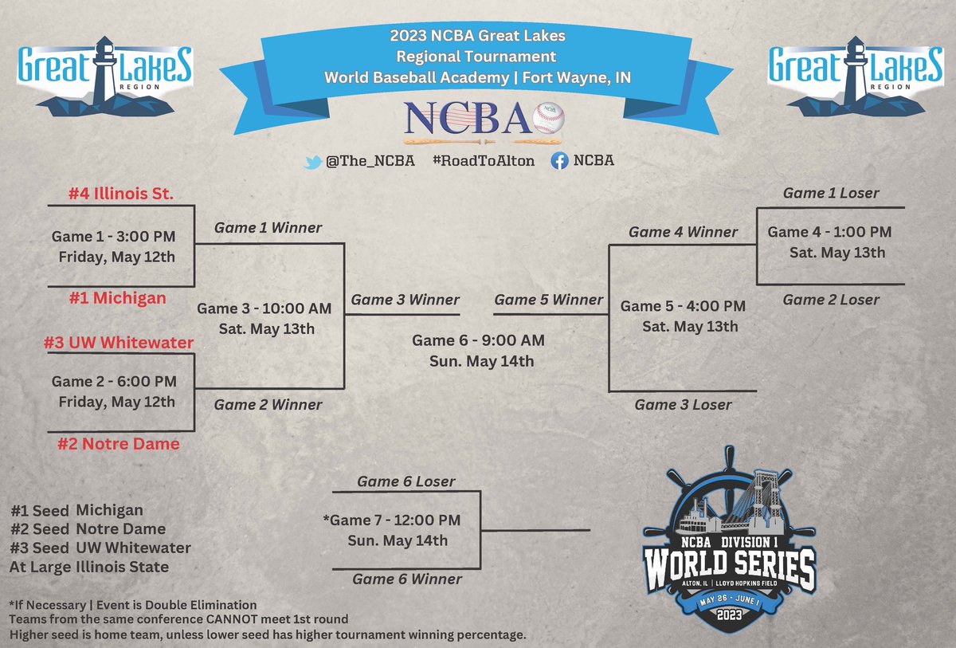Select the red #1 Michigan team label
[x=119, y=299]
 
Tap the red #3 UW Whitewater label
[x=119, y=343]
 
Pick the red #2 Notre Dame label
[x=119, y=444]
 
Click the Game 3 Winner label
[x=406, y=300]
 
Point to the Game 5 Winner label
[x=549, y=300]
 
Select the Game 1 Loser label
[x=831, y=193]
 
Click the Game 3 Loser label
[x=683, y=405]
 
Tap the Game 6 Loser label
[x=406, y=481]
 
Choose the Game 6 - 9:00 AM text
[x=478, y=341]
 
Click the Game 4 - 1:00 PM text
[x=829, y=232]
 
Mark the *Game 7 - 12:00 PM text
[x=391, y=520]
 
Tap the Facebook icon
[x=560, y=161]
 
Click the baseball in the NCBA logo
[x=548, y=118]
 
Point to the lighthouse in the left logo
[x=104, y=72]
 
